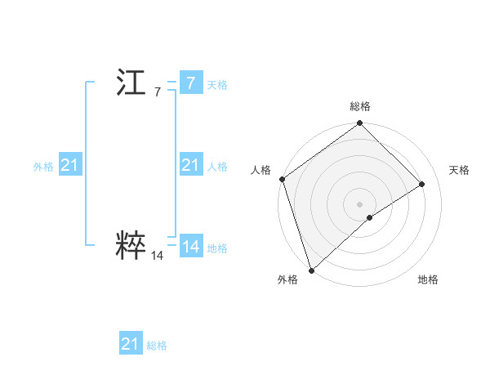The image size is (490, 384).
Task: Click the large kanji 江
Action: pyautogui.click(x=131, y=84)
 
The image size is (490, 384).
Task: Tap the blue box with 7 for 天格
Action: pyautogui.click(x=190, y=83)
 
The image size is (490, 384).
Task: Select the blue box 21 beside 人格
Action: pyautogui.click(x=190, y=165)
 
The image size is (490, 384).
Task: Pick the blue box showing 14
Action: pyautogui.click(x=190, y=247)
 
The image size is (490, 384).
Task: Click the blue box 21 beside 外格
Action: pyautogui.click(x=69, y=165)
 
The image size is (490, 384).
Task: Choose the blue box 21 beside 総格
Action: pyautogui.click(x=130, y=344)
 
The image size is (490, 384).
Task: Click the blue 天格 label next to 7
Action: pyautogui.click(x=217, y=84)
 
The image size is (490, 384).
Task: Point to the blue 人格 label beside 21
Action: pyautogui.click(x=217, y=166)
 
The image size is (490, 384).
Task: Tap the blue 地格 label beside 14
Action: pyautogui.click(x=217, y=248)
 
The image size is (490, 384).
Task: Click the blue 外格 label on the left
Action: pyautogui.click(x=43, y=166)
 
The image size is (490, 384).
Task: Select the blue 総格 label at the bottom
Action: pyautogui.click(x=157, y=346)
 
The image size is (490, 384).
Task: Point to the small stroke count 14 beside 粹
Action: pyautogui.click(x=157, y=256)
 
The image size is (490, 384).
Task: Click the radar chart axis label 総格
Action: pyautogui.click(x=360, y=106)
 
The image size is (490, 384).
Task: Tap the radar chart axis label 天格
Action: pyautogui.click(x=459, y=170)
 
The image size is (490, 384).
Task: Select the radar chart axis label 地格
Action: pyautogui.click(x=428, y=279)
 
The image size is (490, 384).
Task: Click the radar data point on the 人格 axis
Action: pyautogui.click(x=282, y=179)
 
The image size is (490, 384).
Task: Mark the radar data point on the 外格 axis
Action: pyautogui.click(x=311, y=270)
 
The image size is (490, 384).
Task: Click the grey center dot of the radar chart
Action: pyautogui.click(x=359, y=204)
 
